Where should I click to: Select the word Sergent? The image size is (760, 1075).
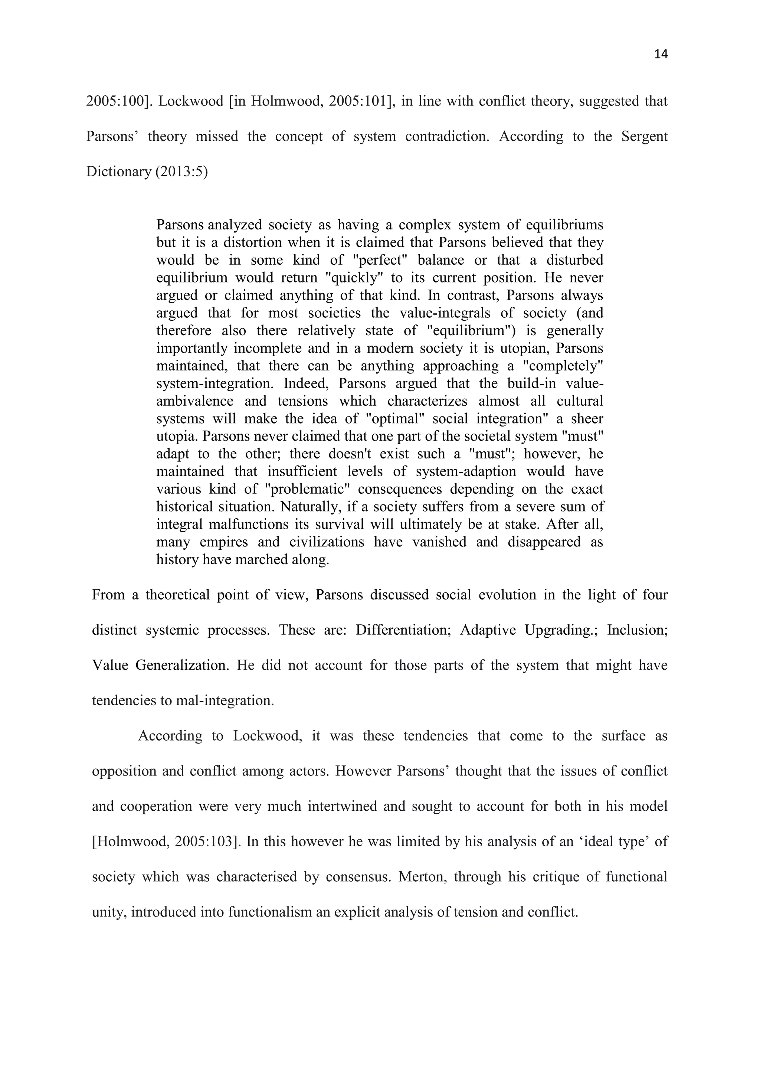point(645,136)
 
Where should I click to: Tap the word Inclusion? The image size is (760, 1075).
point(637,630)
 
